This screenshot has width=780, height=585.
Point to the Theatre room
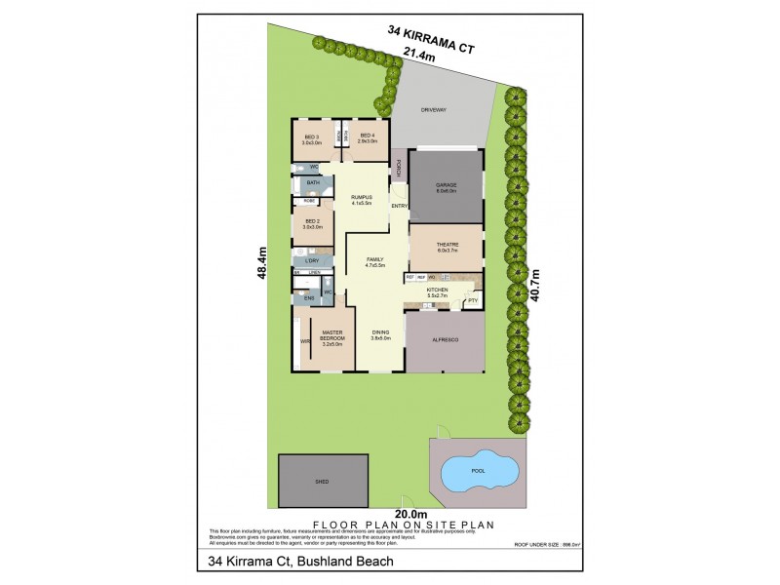click(447, 248)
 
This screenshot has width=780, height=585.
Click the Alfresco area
click(445, 342)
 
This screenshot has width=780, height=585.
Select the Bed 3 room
click(312, 139)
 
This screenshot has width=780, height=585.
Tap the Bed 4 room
click(367, 139)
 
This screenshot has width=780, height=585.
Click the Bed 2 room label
click(313, 223)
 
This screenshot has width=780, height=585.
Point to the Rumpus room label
click(362, 199)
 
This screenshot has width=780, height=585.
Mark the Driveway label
click(433, 111)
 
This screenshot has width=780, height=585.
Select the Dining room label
click(380, 334)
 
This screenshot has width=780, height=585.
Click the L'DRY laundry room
click(313, 260)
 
